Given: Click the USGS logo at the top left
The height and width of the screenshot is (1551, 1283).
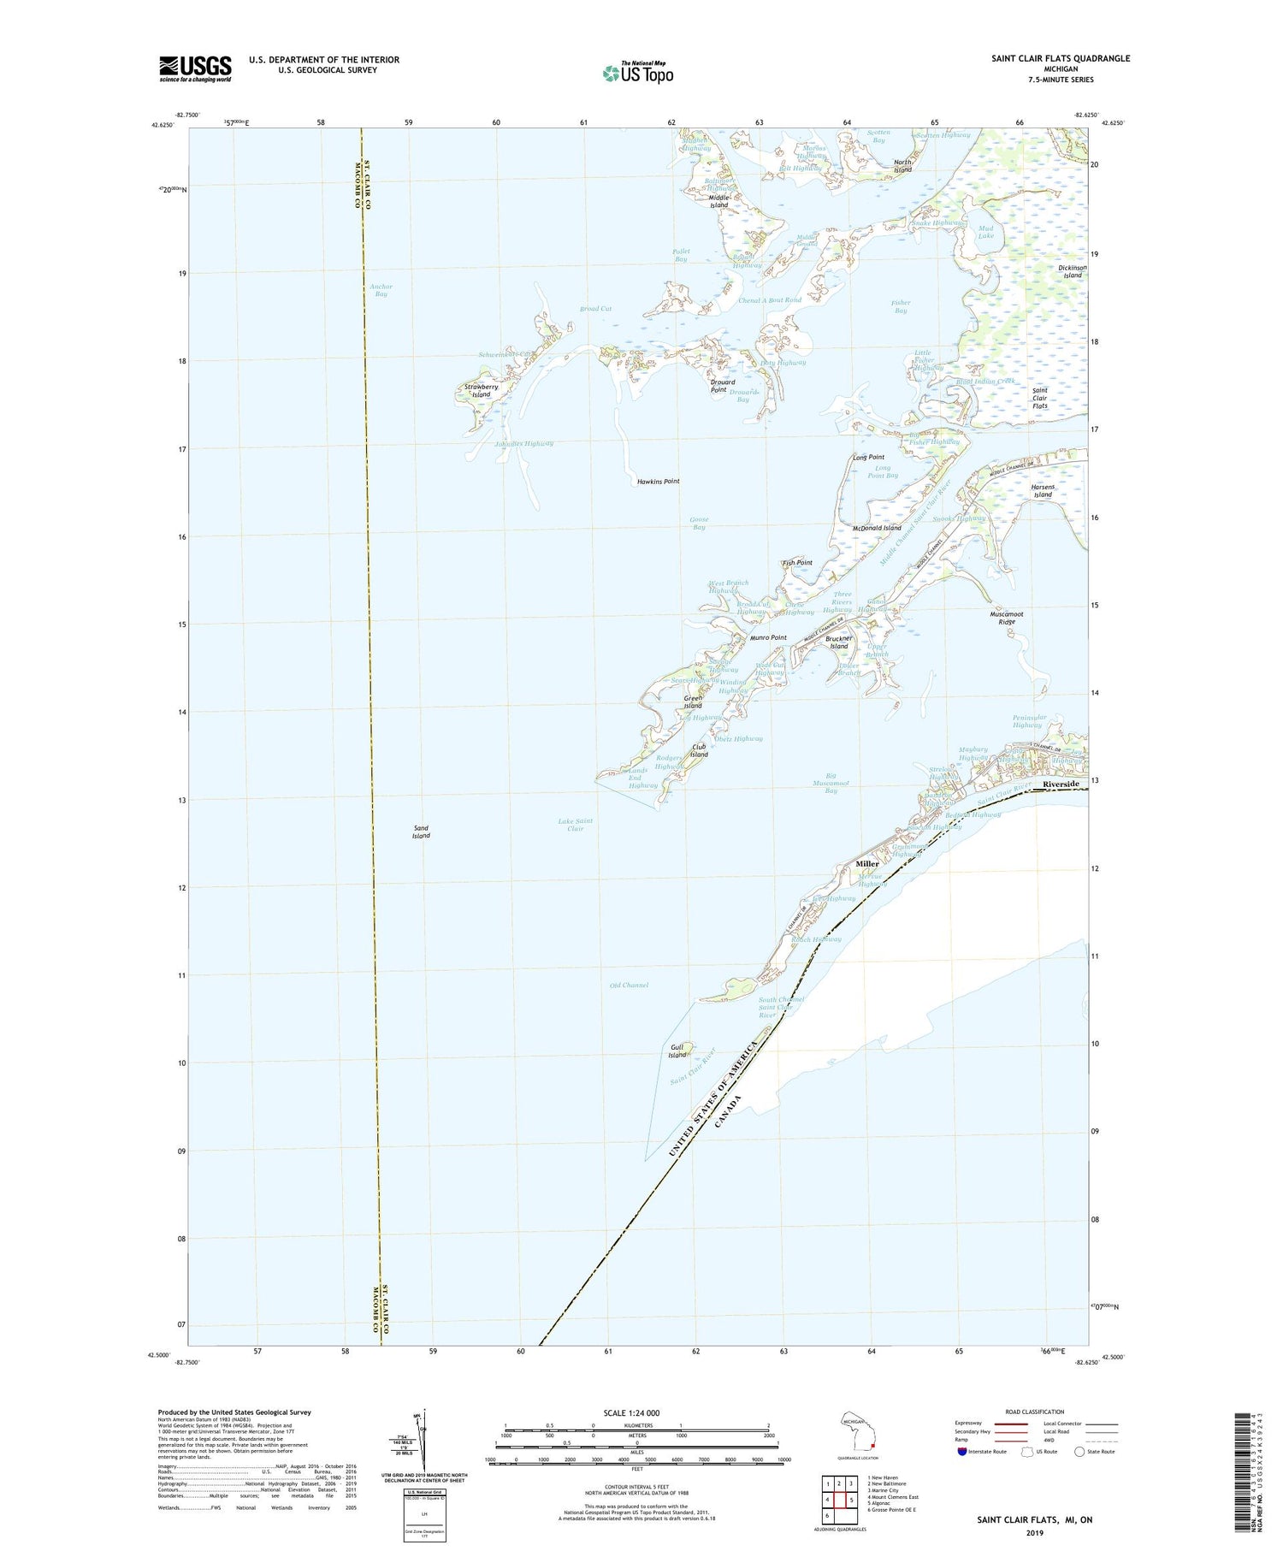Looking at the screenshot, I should [x=195, y=68].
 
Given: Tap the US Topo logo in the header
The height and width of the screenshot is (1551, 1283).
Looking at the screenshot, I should [x=637, y=73].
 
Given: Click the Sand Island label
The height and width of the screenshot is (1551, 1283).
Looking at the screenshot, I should [x=421, y=832].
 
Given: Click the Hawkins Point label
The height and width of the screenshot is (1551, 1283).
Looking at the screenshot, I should [x=658, y=482].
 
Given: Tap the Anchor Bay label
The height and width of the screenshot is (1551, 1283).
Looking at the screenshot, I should [x=381, y=290].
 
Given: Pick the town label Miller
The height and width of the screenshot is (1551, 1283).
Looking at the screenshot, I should [x=867, y=864].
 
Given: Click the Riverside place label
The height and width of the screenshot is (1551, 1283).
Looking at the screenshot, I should [x=1060, y=784].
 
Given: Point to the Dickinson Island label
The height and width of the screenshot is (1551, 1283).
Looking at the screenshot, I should [x=1072, y=271].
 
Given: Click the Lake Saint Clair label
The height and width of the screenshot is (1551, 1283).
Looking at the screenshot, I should [x=576, y=825].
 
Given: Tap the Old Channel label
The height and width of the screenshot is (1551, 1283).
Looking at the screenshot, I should [x=629, y=985].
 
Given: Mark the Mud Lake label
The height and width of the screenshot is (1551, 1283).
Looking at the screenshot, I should [x=986, y=232].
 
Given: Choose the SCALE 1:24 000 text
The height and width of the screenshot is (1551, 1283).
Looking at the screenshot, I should [x=636, y=1412].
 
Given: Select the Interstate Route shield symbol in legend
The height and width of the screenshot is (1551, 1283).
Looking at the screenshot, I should [x=961, y=1452].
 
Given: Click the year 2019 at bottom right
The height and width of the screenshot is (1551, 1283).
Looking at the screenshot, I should [x=1035, y=1532].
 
